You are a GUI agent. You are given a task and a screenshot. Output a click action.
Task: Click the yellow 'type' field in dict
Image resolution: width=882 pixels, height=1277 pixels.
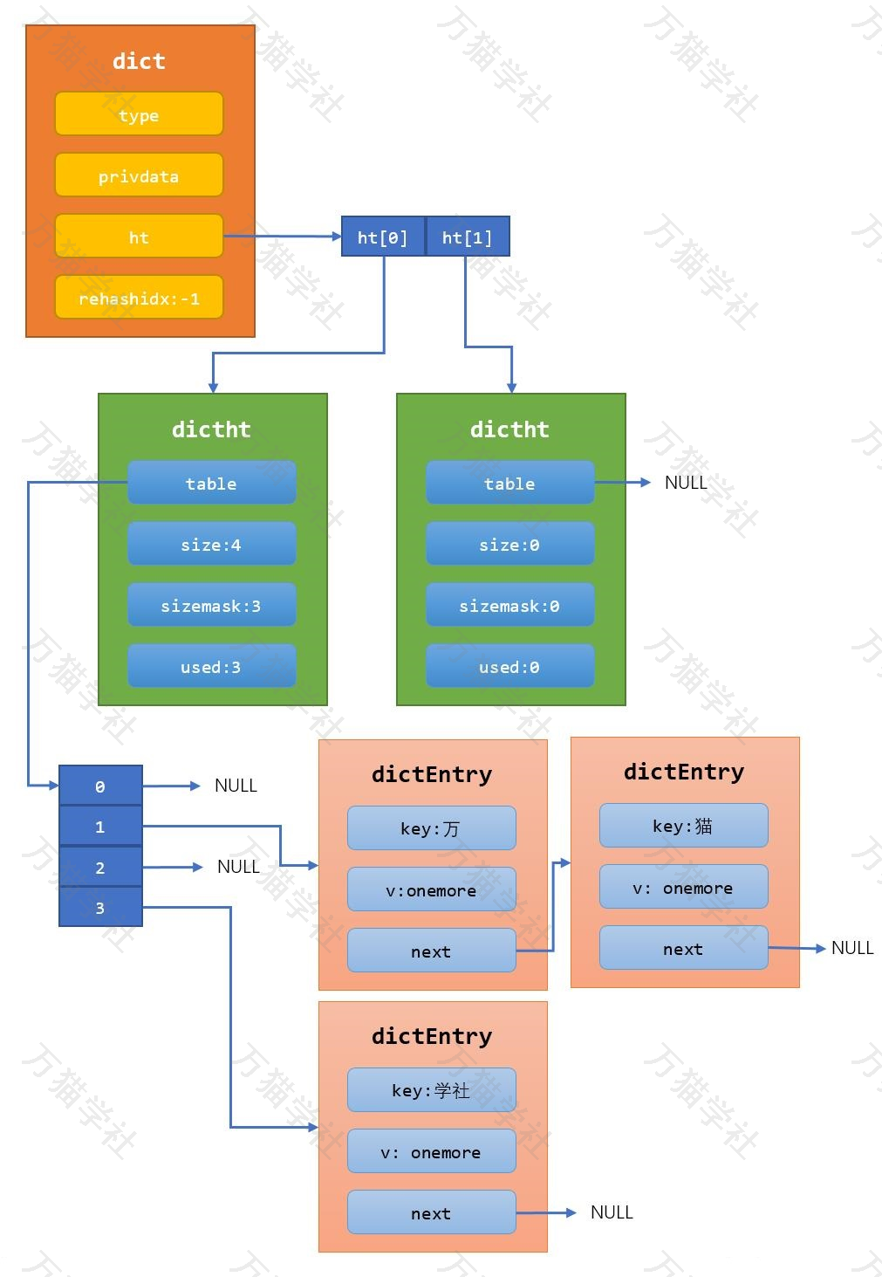139,114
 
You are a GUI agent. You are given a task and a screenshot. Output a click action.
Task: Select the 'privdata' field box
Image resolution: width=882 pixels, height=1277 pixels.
139,175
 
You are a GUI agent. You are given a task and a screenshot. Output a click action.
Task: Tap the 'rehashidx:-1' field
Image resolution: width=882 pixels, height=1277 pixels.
139,298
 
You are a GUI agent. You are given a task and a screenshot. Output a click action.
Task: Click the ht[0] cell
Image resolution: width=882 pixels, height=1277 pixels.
383,237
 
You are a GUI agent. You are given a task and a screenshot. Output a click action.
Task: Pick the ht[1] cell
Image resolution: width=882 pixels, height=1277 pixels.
468,237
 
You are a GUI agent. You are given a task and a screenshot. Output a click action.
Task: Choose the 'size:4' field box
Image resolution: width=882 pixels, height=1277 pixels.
211,544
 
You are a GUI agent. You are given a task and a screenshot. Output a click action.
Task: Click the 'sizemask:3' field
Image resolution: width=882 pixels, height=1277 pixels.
211,605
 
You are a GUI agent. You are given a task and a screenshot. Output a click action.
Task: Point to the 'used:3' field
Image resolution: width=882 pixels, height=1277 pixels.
211,666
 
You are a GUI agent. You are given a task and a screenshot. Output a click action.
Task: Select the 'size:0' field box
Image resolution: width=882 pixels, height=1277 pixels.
509,544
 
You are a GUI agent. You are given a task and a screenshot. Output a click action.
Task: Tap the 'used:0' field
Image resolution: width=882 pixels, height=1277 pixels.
509,666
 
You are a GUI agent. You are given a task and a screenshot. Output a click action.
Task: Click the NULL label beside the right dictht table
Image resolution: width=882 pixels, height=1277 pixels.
686,483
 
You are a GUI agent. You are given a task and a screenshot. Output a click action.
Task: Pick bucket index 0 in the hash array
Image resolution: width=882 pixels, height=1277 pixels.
100,786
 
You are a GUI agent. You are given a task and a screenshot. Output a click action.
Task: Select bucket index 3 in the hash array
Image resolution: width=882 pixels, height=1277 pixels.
100,907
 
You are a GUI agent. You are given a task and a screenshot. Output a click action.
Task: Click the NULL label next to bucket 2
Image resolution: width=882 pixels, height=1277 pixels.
238,867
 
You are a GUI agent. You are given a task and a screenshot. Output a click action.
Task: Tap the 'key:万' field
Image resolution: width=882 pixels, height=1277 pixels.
431,827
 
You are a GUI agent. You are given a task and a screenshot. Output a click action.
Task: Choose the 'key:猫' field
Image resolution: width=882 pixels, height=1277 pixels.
683,826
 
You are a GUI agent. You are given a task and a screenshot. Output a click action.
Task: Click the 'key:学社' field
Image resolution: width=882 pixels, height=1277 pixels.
431,1089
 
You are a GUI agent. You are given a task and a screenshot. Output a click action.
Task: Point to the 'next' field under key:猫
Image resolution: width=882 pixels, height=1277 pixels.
683,948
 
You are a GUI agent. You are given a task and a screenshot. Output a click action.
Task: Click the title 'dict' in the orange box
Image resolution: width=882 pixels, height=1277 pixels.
139,60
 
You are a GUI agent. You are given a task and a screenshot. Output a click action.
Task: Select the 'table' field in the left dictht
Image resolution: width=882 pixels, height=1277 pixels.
211,483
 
